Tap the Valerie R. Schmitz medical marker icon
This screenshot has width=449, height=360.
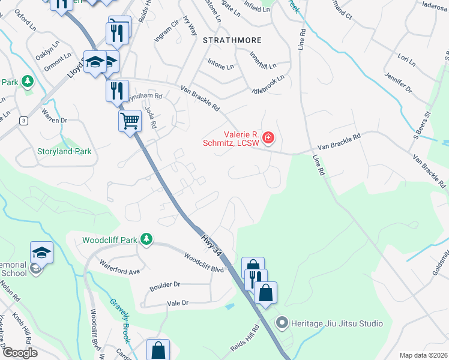[x=268, y=139]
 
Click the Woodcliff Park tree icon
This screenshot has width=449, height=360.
[x=146, y=240]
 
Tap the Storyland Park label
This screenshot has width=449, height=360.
[x=65, y=151]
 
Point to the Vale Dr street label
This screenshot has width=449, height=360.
[x=178, y=304]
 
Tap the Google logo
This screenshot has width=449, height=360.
[x=21, y=353]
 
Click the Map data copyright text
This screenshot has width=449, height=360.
[x=423, y=355]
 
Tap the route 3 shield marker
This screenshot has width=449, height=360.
[x=23, y=121]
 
